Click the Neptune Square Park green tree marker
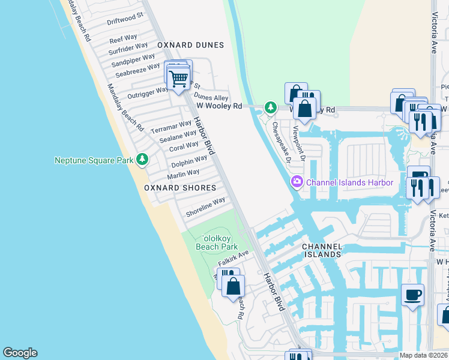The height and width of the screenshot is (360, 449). coord(142,160)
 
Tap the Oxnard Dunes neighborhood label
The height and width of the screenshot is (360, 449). coord(190,45)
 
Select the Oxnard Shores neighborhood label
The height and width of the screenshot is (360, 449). coord(179,188)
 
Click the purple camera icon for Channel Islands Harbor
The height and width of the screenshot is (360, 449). coord(297,182)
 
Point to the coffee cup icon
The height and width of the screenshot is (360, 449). coord(412,295)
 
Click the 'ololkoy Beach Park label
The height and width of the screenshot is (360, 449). coord(217,242)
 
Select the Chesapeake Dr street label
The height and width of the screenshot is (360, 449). coord(281,143)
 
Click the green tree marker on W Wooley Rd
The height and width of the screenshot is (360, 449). coord(271,107)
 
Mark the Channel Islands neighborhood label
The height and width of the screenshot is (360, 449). coord(322,250)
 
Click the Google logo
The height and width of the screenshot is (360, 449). coord(20,353)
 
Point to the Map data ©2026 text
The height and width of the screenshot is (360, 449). coord(423,355)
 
